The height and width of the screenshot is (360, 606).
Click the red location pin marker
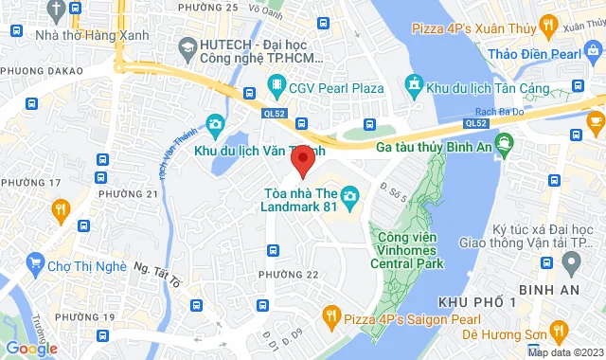302,162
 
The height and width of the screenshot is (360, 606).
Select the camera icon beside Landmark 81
349,197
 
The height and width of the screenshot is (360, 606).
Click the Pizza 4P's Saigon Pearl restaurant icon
331,314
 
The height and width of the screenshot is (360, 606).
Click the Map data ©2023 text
564,352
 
